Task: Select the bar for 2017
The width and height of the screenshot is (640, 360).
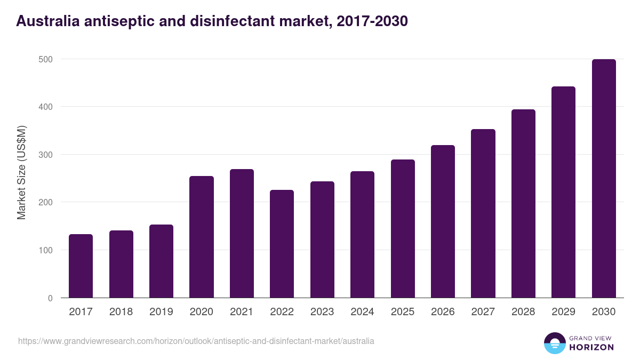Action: pyautogui.click(x=81, y=266)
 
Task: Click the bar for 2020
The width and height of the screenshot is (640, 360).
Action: pyautogui.click(x=202, y=237)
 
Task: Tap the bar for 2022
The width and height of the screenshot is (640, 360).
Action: pyautogui.click(x=282, y=244)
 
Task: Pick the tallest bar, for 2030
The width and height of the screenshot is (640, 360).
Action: pyautogui.click(x=604, y=179)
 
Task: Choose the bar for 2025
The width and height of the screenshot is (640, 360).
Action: pyautogui.click(x=403, y=229)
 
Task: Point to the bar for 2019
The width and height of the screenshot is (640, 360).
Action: pyautogui.click(x=161, y=261)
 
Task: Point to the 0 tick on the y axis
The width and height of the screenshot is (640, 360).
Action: pyautogui.click(x=50, y=298)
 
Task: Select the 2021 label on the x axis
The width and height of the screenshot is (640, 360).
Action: pyautogui.click(x=242, y=312)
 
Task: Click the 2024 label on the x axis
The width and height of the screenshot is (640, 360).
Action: pyautogui.click(x=362, y=312)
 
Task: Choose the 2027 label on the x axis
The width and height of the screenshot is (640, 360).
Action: pyautogui.click(x=483, y=312)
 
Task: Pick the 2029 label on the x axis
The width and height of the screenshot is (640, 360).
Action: pyautogui.click(x=563, y=312)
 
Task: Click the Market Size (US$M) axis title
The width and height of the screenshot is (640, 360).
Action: pyautogui.click(x=22, y=172)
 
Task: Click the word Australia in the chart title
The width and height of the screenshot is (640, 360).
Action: pyautogui.click(x=45, y=21)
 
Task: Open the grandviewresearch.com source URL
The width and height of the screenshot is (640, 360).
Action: pyautogui.click(x=196, y=341)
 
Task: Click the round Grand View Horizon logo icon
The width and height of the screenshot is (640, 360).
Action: pyautogui.click(x=555, y=343)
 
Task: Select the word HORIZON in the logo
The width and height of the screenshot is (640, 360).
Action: pyautogui.click(x=591, y=347)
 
